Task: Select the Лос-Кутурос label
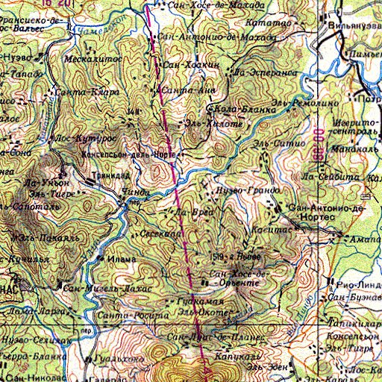pyautogui.click(x=72, y=138)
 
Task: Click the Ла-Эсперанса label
pyautogui.click(x=266, y=73)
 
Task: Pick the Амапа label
pyautogui.click(x=366, y=240)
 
